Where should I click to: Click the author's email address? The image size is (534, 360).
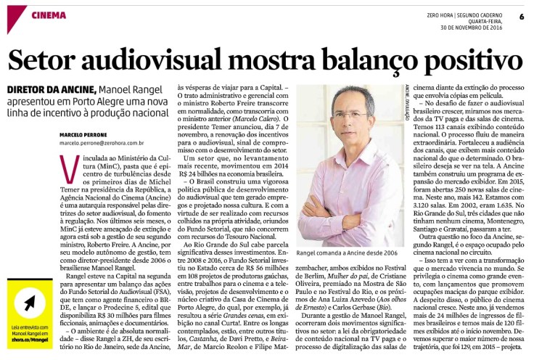coord(102,144)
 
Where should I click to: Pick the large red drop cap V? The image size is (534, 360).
coord(71,170)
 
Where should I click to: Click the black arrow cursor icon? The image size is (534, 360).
coord(29,302)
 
